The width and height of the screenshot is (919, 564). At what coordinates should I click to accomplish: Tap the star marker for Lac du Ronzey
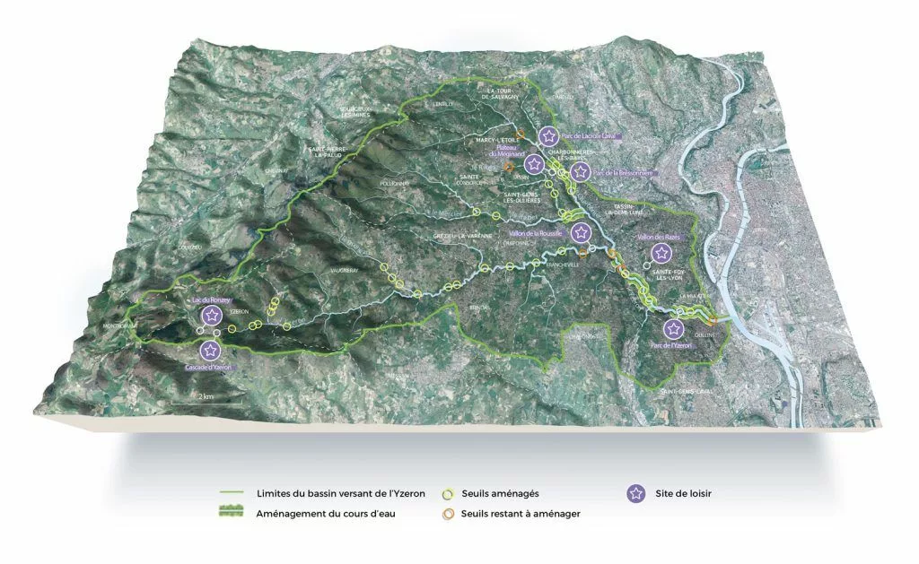pos(212,315)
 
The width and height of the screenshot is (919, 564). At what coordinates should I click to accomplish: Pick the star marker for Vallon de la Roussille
pos(582,232)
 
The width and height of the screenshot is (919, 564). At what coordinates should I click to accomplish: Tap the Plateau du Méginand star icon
pos(534,163)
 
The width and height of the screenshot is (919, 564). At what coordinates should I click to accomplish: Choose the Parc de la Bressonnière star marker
pos(581,171)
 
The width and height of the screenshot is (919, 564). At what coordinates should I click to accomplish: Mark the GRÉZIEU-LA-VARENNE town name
pos(458,233)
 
